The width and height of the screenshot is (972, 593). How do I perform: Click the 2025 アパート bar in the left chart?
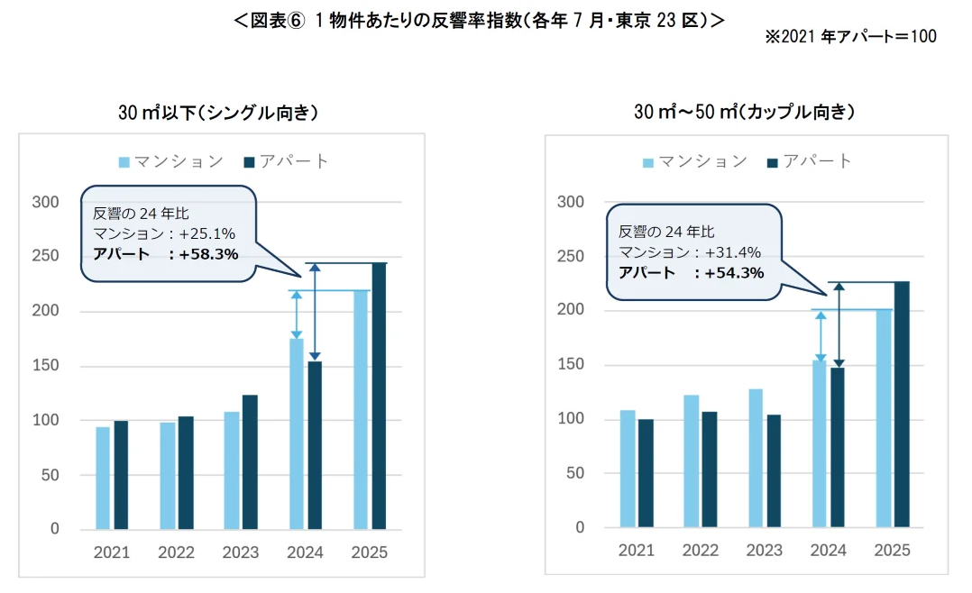pos(379,397)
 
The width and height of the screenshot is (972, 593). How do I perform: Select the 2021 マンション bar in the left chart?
pos(103,478)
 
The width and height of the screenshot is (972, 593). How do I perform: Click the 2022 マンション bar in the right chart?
pos(692,461)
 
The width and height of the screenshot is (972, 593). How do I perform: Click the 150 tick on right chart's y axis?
pos(571,365)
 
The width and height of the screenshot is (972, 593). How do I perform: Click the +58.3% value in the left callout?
pos(208,254)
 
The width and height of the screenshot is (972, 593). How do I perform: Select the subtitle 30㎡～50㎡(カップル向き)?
pos(745,113)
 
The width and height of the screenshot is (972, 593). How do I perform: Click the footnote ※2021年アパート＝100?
pos(850,37)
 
